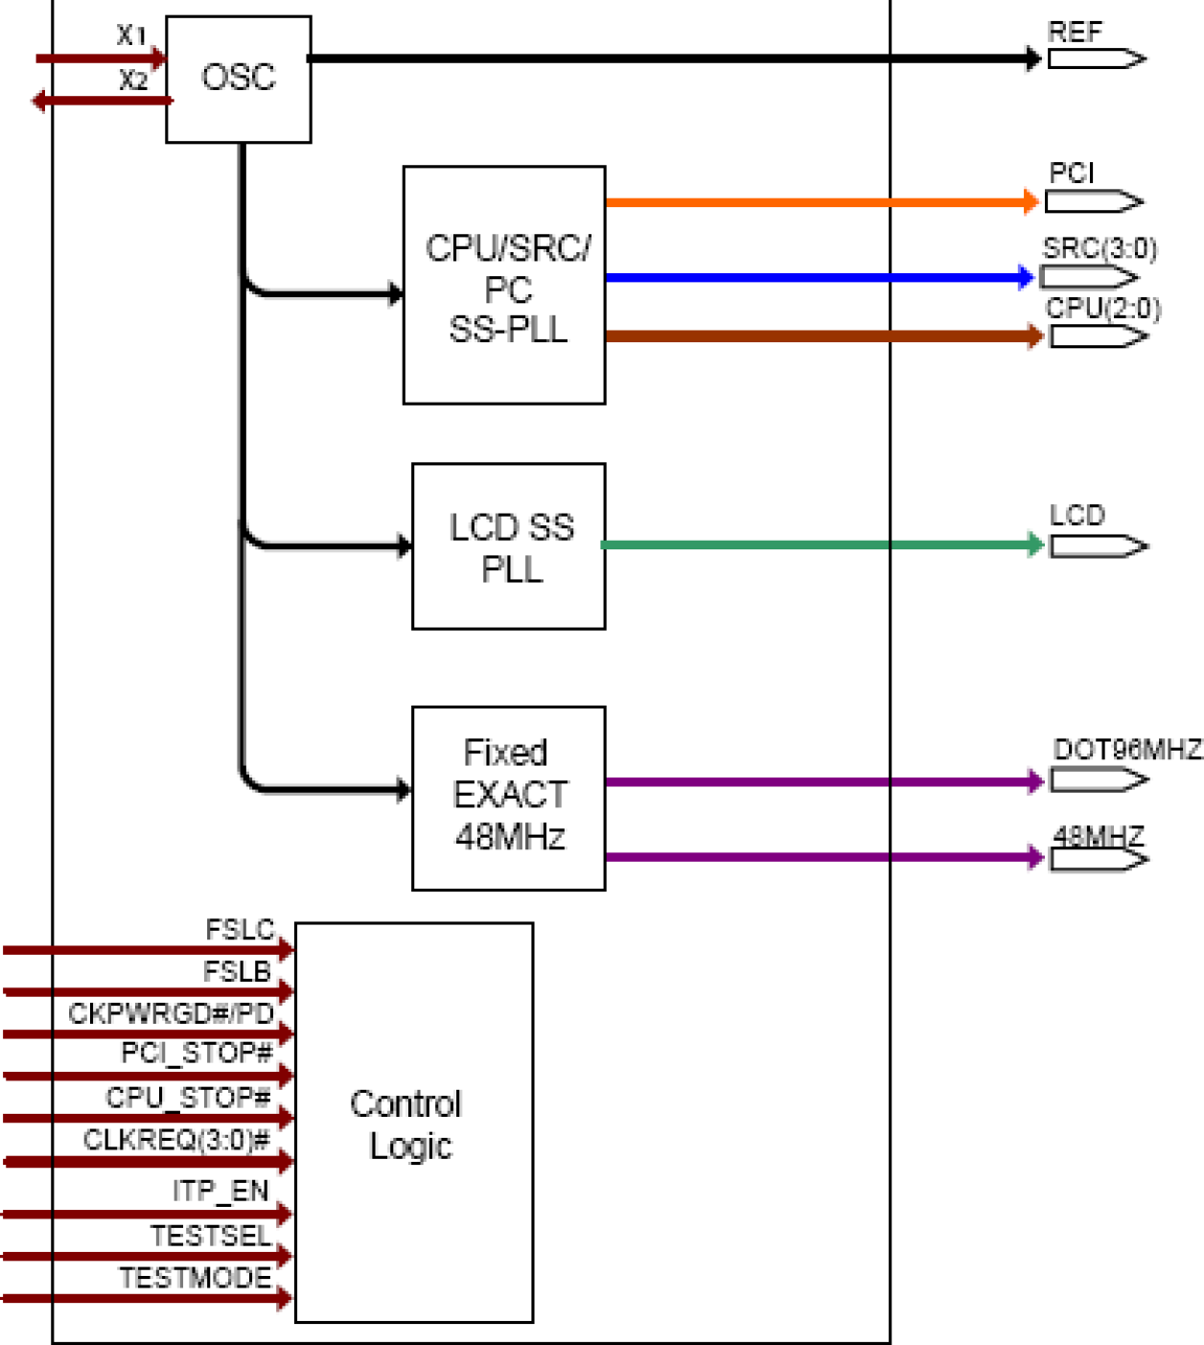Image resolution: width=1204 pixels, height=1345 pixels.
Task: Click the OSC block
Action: pos(238,79)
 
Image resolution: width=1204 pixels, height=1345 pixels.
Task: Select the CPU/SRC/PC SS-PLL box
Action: pos(504,285)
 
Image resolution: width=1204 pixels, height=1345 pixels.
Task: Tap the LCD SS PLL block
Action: pos(508,546)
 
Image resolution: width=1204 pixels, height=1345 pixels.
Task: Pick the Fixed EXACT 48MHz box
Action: pos(508,798)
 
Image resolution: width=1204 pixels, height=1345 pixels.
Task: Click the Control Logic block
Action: pos(413,1123)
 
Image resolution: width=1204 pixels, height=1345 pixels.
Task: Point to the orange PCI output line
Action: pos(815,202)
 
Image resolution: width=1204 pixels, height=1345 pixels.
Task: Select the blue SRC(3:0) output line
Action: pos(815,278)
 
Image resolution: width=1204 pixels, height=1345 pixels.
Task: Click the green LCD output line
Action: pos(815,545)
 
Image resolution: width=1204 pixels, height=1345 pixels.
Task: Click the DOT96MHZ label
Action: pos(1126,750)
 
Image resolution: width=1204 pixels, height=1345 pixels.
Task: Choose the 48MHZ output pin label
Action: pos(1099,836)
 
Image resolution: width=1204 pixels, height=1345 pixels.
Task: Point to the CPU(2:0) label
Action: pos(1102,309)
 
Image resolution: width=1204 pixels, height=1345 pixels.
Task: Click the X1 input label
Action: pos(131,35)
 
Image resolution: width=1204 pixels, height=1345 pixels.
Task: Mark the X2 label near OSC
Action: pos(133,81)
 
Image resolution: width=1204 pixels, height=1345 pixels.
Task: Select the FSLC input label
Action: pos(240,930)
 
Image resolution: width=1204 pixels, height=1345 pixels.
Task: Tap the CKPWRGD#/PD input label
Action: pos(171,1013)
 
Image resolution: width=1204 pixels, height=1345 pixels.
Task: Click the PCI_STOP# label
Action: pos(197,1054)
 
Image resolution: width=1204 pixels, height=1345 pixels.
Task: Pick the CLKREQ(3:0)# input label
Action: pos(176,1140)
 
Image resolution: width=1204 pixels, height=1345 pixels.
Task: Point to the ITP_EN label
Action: pos(220,1191)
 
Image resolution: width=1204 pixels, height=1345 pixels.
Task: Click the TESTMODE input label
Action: pos(195,1278)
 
